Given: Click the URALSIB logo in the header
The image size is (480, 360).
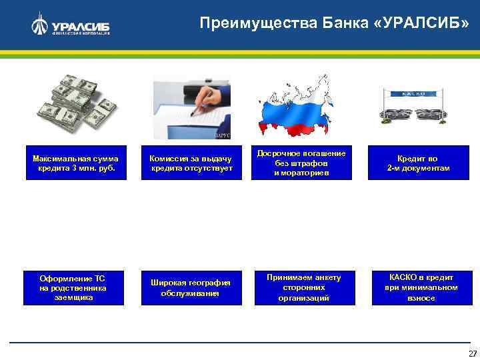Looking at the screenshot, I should [x=71, y=25].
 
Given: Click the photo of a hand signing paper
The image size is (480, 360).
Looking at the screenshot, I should [x=192, y=109].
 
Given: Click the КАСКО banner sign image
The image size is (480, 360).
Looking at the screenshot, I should [x=413, y=107].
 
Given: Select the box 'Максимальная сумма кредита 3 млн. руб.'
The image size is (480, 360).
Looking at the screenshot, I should [x=75, y=163].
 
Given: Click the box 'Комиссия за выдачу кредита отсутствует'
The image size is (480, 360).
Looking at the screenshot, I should [x=191, y=163].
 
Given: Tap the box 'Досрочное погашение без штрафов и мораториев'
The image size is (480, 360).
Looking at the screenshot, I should [x=301, y=163].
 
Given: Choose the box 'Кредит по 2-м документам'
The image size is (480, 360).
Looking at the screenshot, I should [x=418, y=163].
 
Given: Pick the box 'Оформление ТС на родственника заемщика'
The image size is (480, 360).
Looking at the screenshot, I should [x=73, y=287].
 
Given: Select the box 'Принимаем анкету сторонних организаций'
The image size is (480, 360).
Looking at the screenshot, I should [x=303, y=287].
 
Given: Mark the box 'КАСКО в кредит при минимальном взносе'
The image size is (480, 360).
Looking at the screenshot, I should [x=421, y=287].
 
